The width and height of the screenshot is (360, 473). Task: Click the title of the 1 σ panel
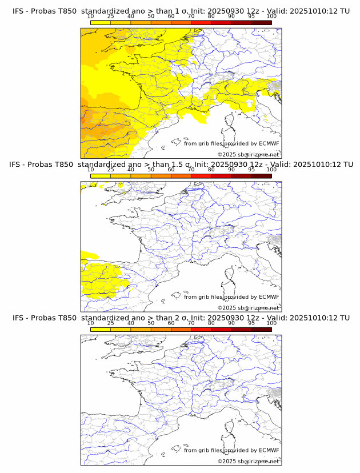181,11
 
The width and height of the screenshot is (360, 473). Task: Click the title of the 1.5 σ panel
181,165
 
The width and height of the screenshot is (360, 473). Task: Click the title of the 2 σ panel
181,318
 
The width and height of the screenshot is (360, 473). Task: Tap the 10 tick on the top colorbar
91,17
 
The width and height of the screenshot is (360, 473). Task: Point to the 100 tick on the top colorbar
271,17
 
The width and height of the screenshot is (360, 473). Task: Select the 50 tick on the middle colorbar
151,170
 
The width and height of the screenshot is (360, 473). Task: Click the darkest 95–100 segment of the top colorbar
261,23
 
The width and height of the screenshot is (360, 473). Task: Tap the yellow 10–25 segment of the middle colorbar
101,177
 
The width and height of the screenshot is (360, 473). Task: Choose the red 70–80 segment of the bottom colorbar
201,330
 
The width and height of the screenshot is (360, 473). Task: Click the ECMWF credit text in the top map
231,143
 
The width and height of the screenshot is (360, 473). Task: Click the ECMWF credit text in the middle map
231,297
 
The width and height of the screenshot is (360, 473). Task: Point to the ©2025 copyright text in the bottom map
248,461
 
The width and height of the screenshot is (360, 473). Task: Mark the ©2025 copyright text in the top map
248,154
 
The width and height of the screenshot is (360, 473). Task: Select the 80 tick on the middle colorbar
211,170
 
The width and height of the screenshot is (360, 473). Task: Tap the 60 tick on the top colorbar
171,17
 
